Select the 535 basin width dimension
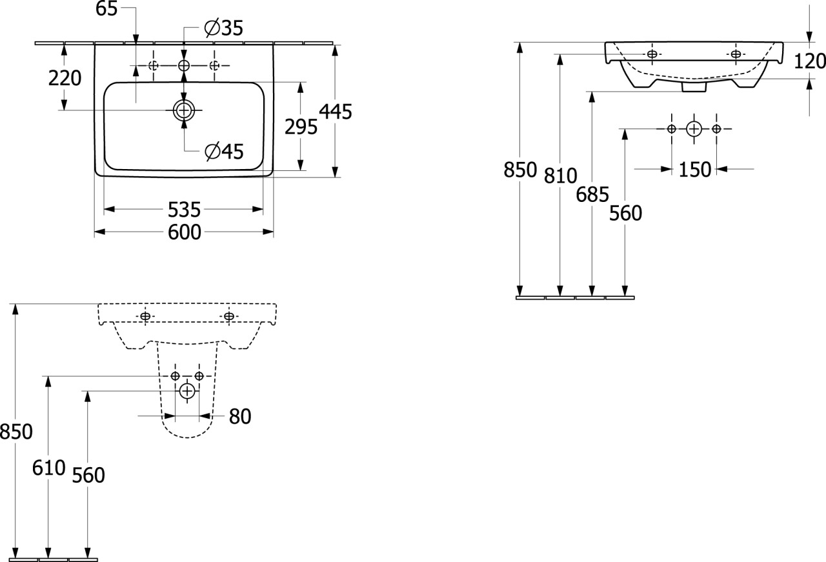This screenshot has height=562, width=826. (x=184, y=210)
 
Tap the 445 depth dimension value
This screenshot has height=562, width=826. (x=337, y=112)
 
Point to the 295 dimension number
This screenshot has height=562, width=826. (x=301, y=127)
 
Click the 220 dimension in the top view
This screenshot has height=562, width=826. (x=65, y=78)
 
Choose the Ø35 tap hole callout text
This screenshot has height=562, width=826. (x=223, y=28)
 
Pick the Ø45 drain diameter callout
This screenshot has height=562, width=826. (x=223, y=152)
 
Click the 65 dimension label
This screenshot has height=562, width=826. (x=107, y=8)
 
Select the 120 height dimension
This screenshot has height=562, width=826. (x=810, y=61)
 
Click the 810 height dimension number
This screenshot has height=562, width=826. (x=560, y=175)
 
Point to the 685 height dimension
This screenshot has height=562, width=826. (x=592, y=194)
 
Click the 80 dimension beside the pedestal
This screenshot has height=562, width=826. (x=239, y=417)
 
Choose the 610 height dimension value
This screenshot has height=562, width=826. (x=48, y=468)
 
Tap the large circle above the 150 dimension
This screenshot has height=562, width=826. (x=694, y=129)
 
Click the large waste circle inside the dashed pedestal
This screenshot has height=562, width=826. (x=187, y=390)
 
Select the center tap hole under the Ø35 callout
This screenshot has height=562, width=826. (x=184, y=65)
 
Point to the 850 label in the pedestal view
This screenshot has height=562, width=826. (x=16, y=432)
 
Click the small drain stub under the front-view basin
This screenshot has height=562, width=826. (x=694, y=86)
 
